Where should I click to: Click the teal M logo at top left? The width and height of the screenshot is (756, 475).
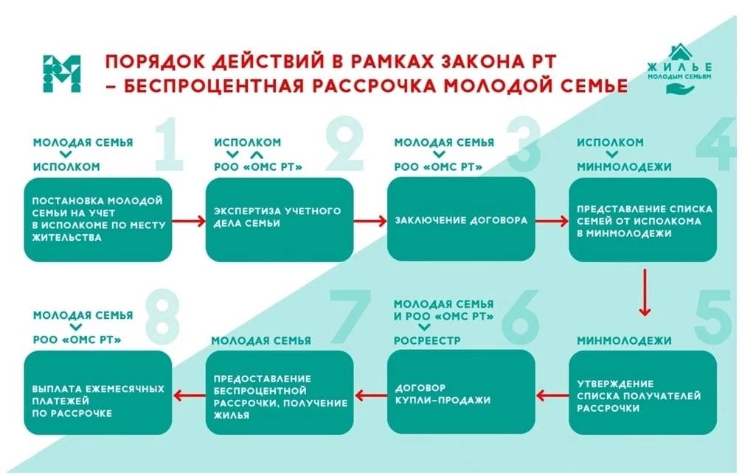61,74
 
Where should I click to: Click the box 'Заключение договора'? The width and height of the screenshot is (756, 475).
461,219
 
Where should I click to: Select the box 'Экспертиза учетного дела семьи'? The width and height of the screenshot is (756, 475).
280,219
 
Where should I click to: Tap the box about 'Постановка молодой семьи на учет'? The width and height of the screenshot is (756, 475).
98,219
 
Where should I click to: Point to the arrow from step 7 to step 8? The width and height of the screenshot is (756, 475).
189,395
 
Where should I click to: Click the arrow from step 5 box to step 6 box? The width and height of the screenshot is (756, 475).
552,395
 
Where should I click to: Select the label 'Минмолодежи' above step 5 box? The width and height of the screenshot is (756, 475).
624,341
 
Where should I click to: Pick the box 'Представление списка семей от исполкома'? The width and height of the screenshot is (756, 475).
642,219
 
